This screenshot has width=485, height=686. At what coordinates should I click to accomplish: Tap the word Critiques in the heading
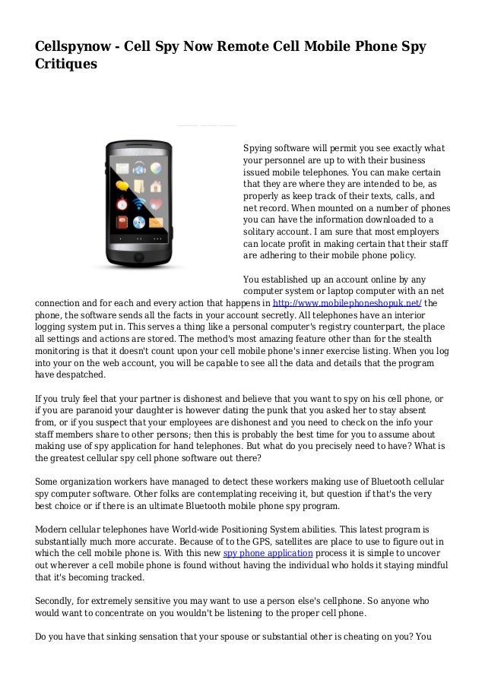66,66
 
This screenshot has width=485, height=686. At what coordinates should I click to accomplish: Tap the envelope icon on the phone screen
156,223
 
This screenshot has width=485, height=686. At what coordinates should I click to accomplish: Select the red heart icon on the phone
156,204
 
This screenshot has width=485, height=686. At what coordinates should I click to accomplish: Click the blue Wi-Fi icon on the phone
139,204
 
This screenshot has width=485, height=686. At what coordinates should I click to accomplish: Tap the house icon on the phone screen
156,187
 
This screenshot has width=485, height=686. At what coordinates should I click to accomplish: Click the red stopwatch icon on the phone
122,204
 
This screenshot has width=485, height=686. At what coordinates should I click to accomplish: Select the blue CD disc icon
139,223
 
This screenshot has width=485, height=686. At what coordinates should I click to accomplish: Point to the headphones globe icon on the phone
139,169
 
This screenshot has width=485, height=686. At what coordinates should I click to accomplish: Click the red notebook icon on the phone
122,223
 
